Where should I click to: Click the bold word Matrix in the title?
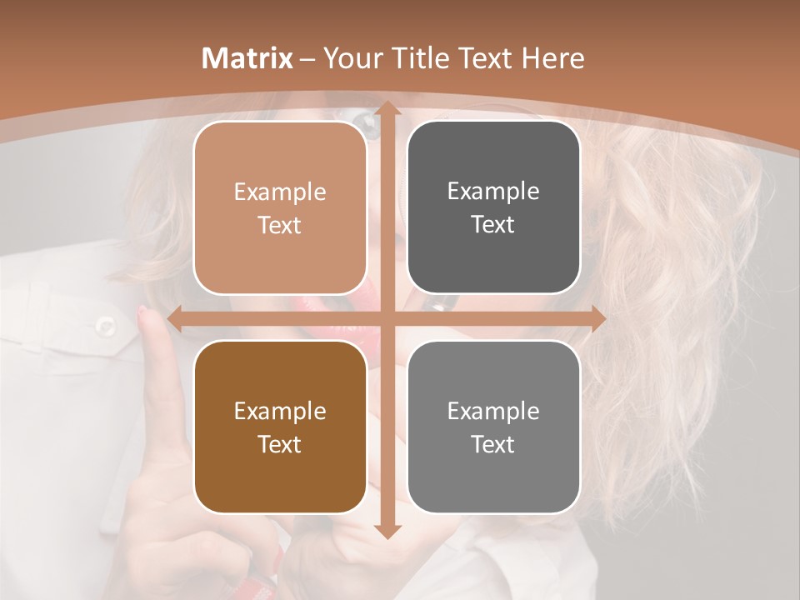tap(247, 58)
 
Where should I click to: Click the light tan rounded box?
tap(280, 207)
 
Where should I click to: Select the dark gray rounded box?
tap(493, 207)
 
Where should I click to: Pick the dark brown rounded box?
tap(280, 427)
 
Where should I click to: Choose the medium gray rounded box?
tap(493, 427)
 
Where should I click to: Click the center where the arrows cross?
tap(387, 318)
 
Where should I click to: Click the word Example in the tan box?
tap(280, 192)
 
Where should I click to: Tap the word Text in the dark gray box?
tap(493, 225)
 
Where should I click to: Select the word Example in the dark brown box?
tap(280, 411)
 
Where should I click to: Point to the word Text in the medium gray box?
tap(493, 444)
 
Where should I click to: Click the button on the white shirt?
tap(106, 325)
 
